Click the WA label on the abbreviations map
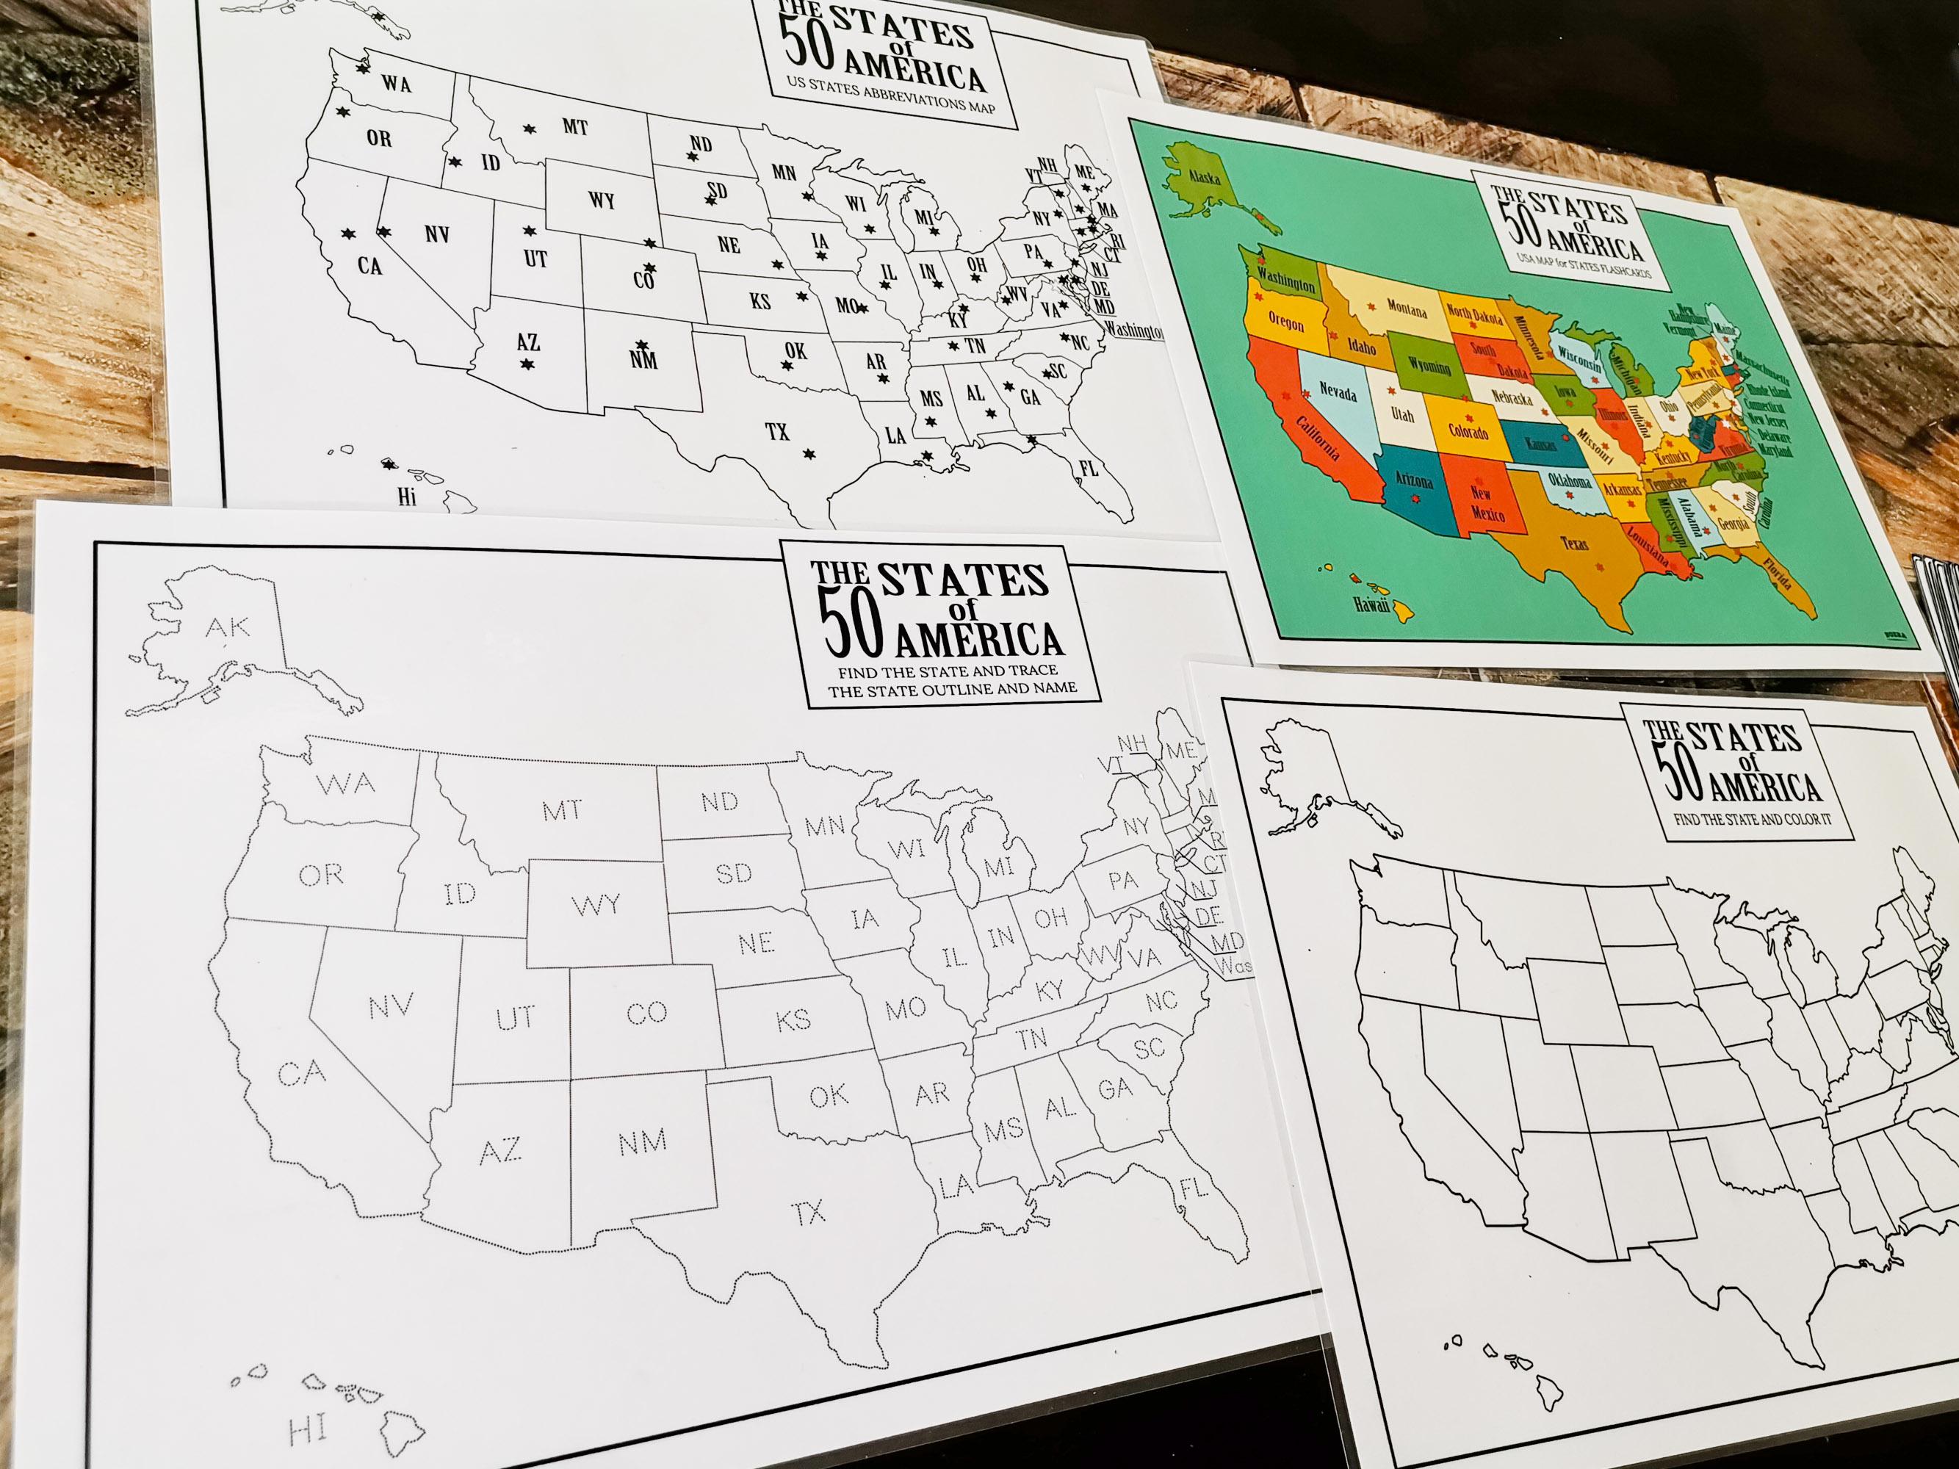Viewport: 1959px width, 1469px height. [397, 84]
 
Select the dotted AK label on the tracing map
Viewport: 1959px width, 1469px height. [228, 627]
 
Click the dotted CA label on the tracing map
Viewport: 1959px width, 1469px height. [302, 1073]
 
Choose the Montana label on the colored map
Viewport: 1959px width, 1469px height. [1407, 310]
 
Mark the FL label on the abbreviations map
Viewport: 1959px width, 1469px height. [1089, 469]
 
